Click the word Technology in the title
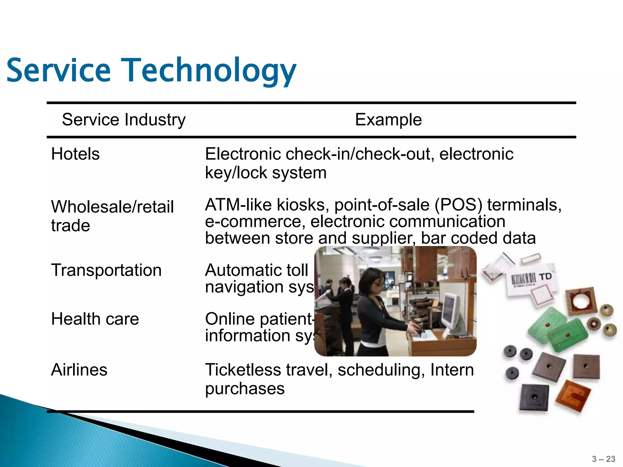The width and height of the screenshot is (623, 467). coord(209,71)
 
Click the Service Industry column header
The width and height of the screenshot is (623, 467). coord(124,119)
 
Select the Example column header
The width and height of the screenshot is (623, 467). coord(388,119)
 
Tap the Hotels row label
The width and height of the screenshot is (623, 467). coord(75,154)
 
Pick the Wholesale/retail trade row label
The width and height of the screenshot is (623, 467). coord(112,216)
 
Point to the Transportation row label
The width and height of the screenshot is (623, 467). coord(106,270)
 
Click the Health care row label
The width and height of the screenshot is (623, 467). coord(95,319)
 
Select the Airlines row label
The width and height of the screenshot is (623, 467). coord(79,370)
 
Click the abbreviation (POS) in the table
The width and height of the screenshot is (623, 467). coord(458,205)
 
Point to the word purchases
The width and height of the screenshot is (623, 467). coord(245,389)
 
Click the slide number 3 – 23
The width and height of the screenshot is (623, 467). coord(604,459)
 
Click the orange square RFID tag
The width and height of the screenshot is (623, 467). coord(573,396)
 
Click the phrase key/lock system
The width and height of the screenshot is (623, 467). coord(266,173)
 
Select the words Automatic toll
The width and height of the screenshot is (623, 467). coord(256,270)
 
